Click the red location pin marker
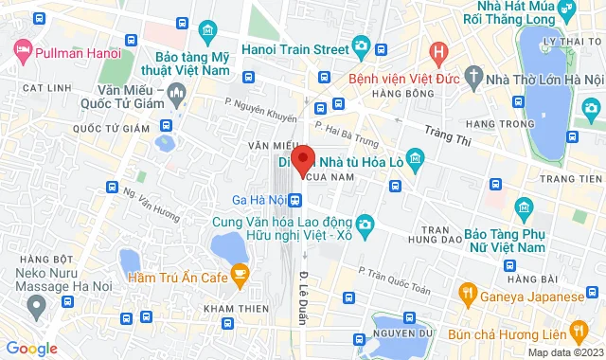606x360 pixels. coord(302,160)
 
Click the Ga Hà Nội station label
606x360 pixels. coord(258,199)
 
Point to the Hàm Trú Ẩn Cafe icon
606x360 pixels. coord(240,276)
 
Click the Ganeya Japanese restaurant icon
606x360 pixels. coord(466,293)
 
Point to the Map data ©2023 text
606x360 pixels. coord(564,352)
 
